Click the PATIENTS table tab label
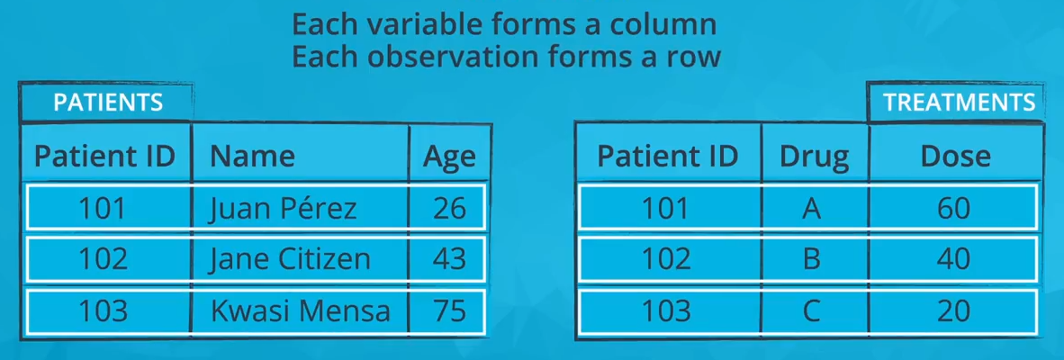coord(108,102)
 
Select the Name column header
coord(252,157)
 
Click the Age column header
coord(449,157)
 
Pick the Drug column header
coord(815,157)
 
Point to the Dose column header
coord(955,157)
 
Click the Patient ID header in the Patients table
coord(104,157)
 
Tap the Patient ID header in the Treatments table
coord(668,157)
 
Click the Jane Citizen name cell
coord(289,259)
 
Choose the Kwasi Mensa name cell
coord(300,311)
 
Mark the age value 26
coord(449,208)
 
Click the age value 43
coord(449,259)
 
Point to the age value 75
coord(449,311)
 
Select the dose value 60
coord(954,208)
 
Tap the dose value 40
coord(954,259)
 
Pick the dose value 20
coord(954,311)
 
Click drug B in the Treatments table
coord(810,259)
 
